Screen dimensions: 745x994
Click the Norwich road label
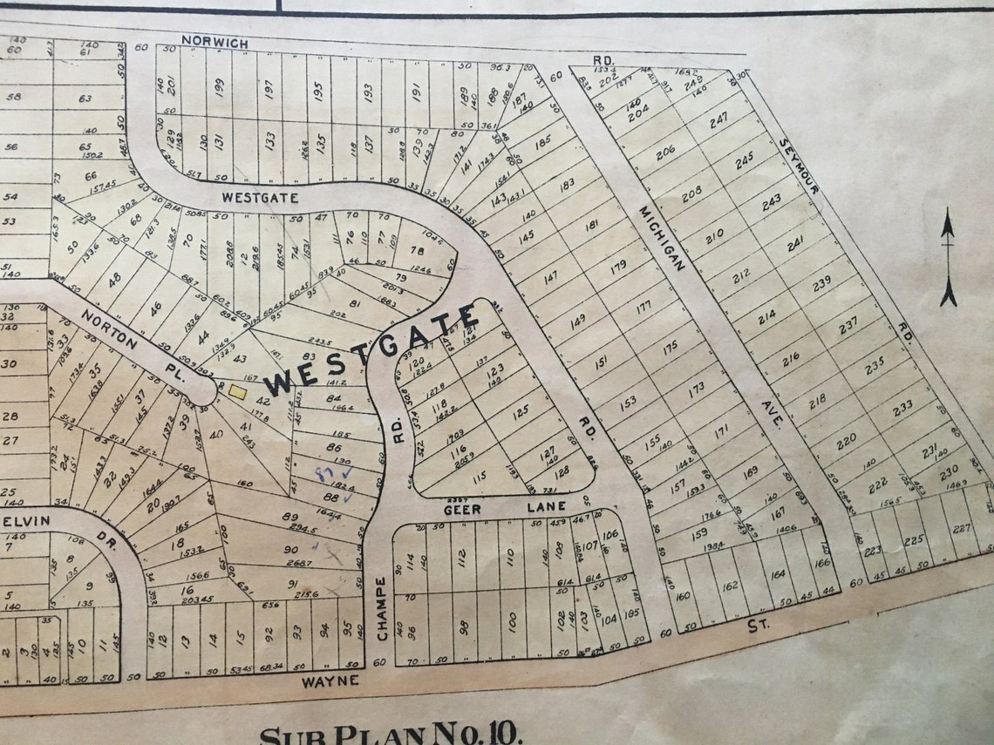(215, 42)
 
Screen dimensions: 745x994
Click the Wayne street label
(330, 681)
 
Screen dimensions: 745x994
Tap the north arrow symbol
(947, 257)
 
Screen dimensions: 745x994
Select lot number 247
(718, 120)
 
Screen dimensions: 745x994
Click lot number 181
(592, 226)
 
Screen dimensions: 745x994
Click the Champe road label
(381, 608)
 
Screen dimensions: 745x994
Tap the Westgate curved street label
(260, 198)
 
